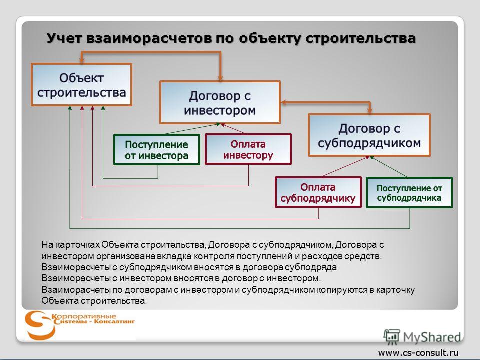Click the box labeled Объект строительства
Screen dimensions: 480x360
point(81,85)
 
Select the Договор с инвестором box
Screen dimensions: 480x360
point(220,102)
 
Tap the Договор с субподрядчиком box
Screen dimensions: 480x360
point(369,135)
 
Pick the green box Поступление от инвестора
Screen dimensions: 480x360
point(156,150)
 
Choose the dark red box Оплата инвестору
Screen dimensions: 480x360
point(248,149)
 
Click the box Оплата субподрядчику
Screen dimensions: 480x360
point(318,192)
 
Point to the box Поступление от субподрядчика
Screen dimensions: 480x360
point(409,193)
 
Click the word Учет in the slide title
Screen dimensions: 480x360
point(64,39)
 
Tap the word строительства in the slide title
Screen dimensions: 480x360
point(361,39)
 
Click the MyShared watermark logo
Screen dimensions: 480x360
point(422,337)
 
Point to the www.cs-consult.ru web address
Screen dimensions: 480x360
point(419,353)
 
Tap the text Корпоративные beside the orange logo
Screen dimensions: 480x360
point(84,316)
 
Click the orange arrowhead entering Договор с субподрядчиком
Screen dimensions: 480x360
point(370,111)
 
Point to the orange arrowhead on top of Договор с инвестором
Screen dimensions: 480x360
point(220,78)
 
